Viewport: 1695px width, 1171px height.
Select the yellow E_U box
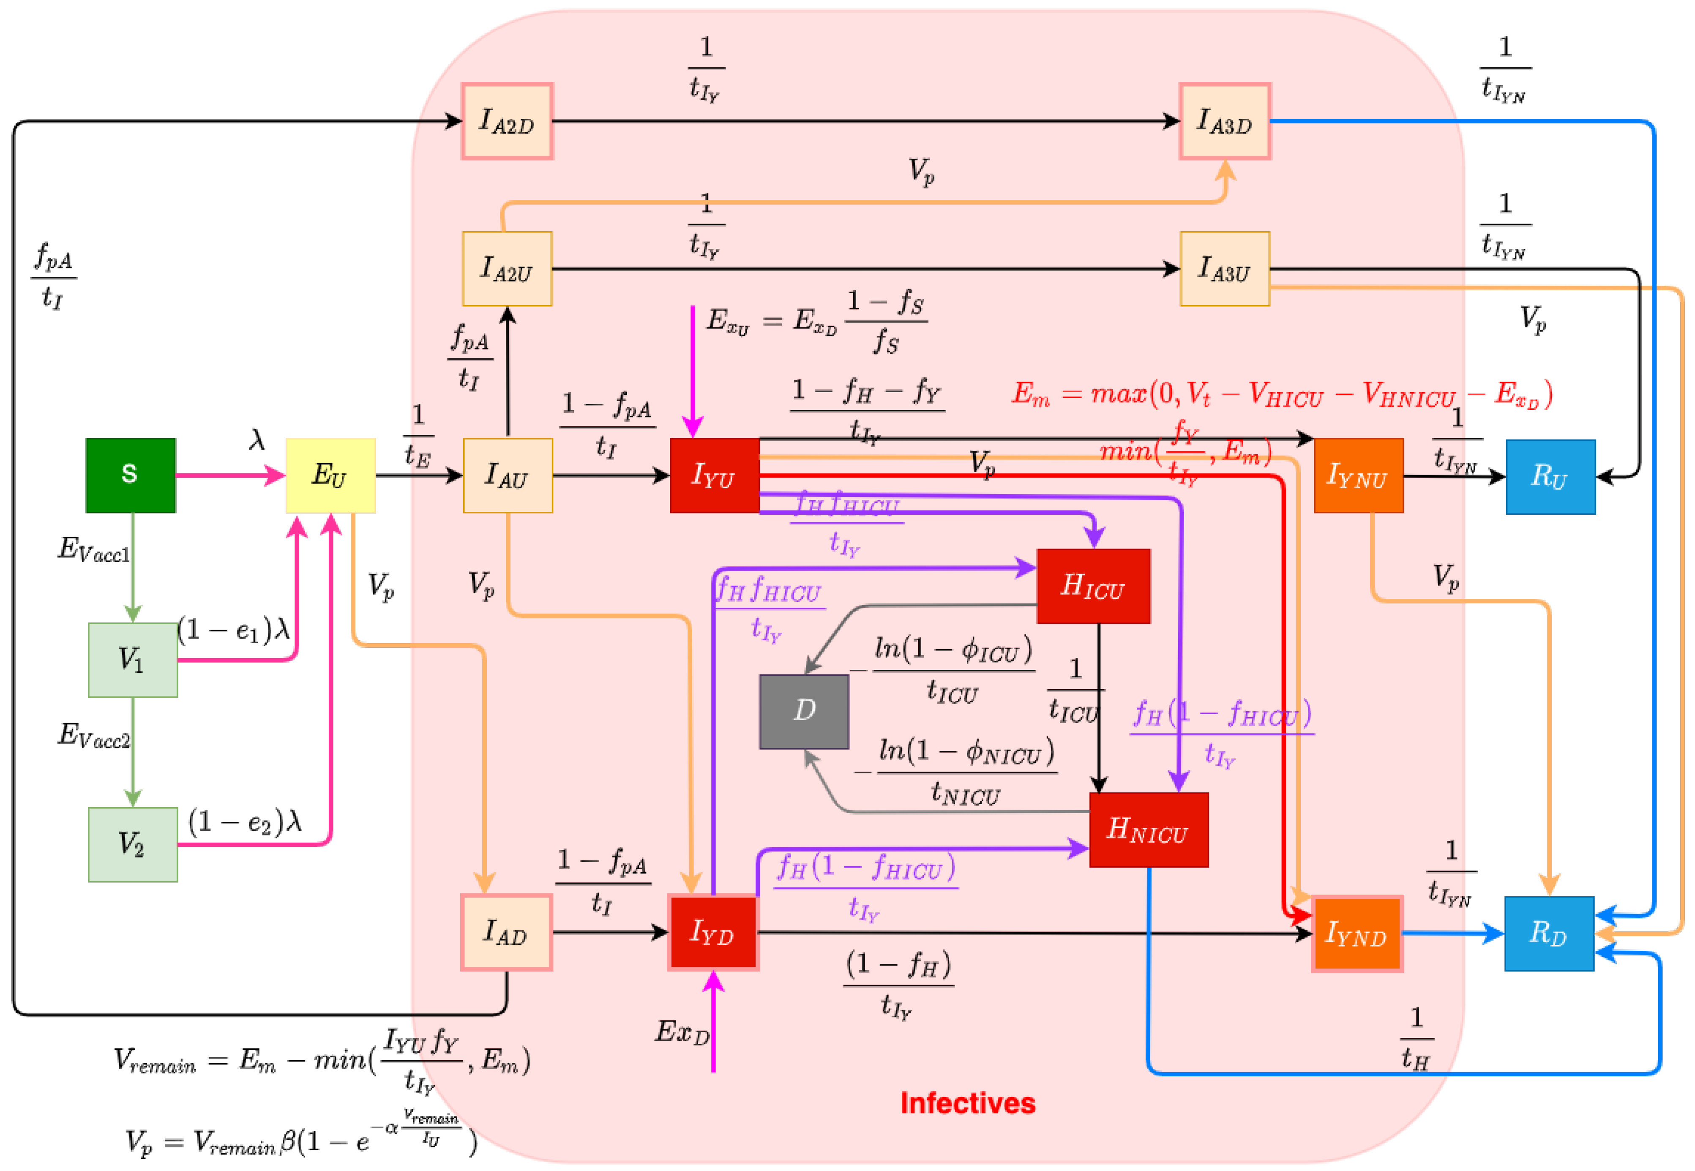coord(330,475)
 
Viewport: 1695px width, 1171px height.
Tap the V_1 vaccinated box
coord(132,660)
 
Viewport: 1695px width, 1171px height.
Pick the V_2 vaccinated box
coord(132,844)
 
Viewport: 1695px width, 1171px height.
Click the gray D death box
coord(804,711)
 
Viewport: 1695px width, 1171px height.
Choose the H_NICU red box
coord(1148,830)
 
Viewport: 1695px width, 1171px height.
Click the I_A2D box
coord(507,121)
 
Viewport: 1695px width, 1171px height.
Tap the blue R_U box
coord(1550,477)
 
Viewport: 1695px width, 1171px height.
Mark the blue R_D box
coord(1549,933)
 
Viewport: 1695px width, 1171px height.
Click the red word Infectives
coord(968,1103)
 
